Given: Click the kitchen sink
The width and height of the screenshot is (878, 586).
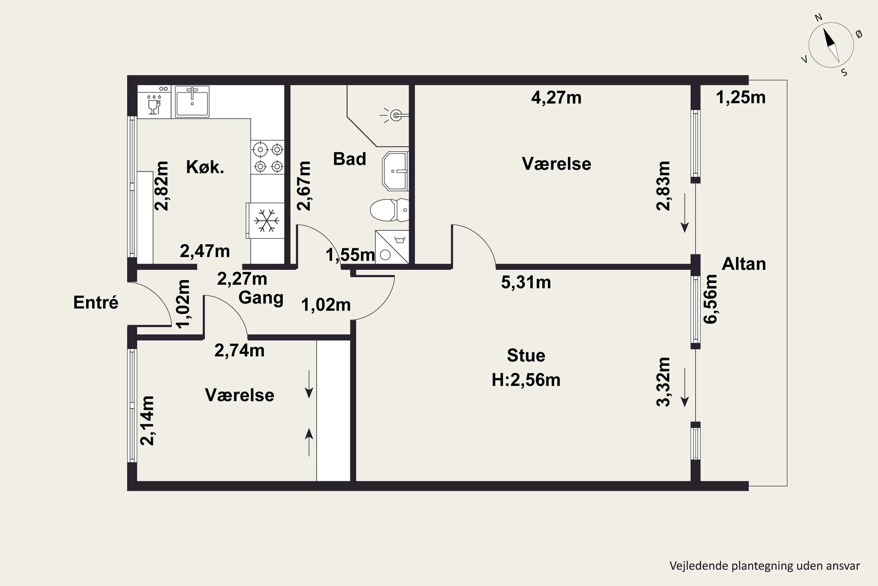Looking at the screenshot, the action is point(192,101).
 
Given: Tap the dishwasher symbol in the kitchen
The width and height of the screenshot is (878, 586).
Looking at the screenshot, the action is point(154,102).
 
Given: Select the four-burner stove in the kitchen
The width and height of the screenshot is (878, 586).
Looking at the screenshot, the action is point(267,157).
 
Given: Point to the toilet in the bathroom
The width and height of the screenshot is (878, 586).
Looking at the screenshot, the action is point(389,210).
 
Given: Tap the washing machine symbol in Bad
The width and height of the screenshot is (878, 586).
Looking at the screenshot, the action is point(392,247).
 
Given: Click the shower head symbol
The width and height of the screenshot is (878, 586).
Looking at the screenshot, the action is point(395,115).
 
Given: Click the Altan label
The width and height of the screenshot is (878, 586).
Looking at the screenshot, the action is point(744,264).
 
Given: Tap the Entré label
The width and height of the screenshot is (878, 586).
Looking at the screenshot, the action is point(96,302).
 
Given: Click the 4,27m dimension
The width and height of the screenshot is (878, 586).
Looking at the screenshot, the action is point(556,98).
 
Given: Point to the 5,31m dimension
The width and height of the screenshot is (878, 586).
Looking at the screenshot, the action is point(526,282).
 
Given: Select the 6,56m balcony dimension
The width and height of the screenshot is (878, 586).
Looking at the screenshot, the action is point(710,299).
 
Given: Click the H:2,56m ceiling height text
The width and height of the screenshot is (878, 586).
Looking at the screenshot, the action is point(526,380).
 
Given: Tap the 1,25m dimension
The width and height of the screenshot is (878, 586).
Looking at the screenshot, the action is point(741,98).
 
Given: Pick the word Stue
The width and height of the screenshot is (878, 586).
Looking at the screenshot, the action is point(526,355).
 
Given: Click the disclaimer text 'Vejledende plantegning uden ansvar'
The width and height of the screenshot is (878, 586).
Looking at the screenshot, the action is point(764,566).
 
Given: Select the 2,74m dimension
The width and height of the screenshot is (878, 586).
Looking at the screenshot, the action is point(239,350).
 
